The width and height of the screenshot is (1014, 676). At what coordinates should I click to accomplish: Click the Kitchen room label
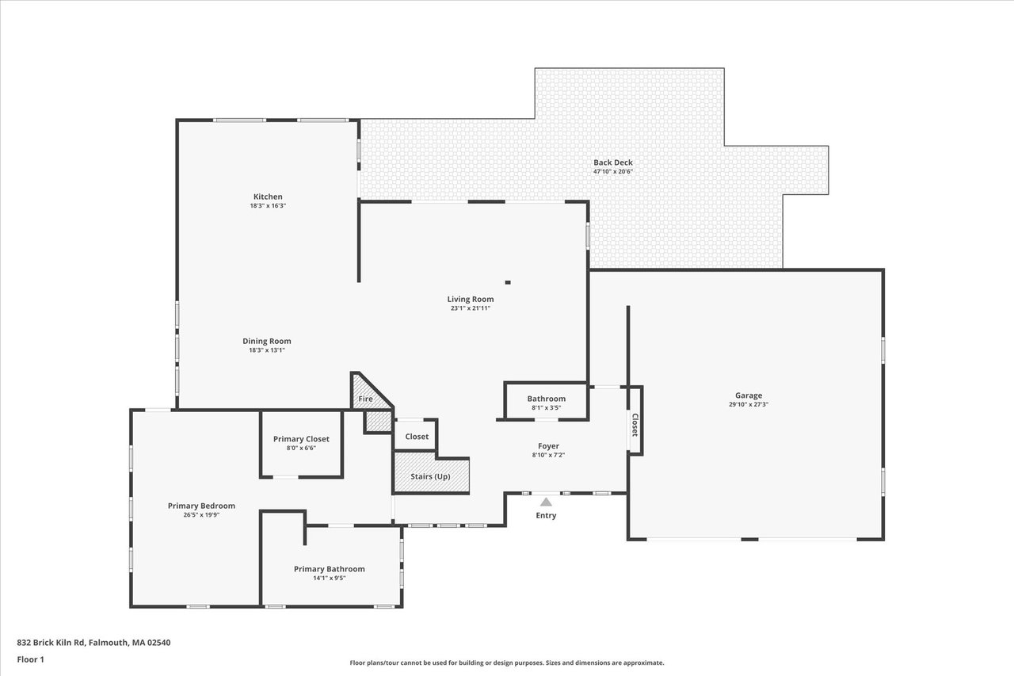(268, 197)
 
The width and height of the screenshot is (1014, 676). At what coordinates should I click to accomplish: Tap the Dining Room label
(267, 341)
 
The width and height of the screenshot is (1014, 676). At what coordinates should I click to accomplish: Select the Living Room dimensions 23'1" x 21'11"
(471, 308)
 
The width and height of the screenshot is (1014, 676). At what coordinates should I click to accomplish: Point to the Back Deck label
(613, 162)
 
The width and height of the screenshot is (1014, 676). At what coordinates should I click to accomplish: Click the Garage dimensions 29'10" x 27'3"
(749, 405)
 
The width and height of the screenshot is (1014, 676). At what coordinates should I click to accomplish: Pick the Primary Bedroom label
(201, 506)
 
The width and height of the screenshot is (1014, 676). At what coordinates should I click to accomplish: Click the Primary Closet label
(301, 439)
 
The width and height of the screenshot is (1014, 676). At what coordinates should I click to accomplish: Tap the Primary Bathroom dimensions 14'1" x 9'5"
(329, 579)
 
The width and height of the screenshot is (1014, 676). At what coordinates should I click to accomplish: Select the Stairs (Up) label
(430, 477)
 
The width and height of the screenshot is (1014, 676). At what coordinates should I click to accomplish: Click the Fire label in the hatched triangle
(365, 399)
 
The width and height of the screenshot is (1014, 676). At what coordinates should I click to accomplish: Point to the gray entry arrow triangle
(546, 502)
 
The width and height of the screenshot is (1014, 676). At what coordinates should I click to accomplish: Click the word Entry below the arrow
(546, 515)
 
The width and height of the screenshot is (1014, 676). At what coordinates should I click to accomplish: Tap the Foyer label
(548, 446)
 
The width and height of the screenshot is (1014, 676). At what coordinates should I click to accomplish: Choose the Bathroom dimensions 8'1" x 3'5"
(547, 408)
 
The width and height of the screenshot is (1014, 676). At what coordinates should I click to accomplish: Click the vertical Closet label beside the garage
(635, 425)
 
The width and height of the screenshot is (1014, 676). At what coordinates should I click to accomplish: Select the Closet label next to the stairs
(417, 437)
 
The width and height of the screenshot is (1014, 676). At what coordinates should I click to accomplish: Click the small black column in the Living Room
(508, 283)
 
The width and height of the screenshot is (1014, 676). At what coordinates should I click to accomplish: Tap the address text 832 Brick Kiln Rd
(51, 643)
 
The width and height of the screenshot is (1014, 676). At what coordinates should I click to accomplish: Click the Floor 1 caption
(30, 659)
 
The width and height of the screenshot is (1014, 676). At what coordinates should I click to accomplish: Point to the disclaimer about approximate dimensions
(506, 663)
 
